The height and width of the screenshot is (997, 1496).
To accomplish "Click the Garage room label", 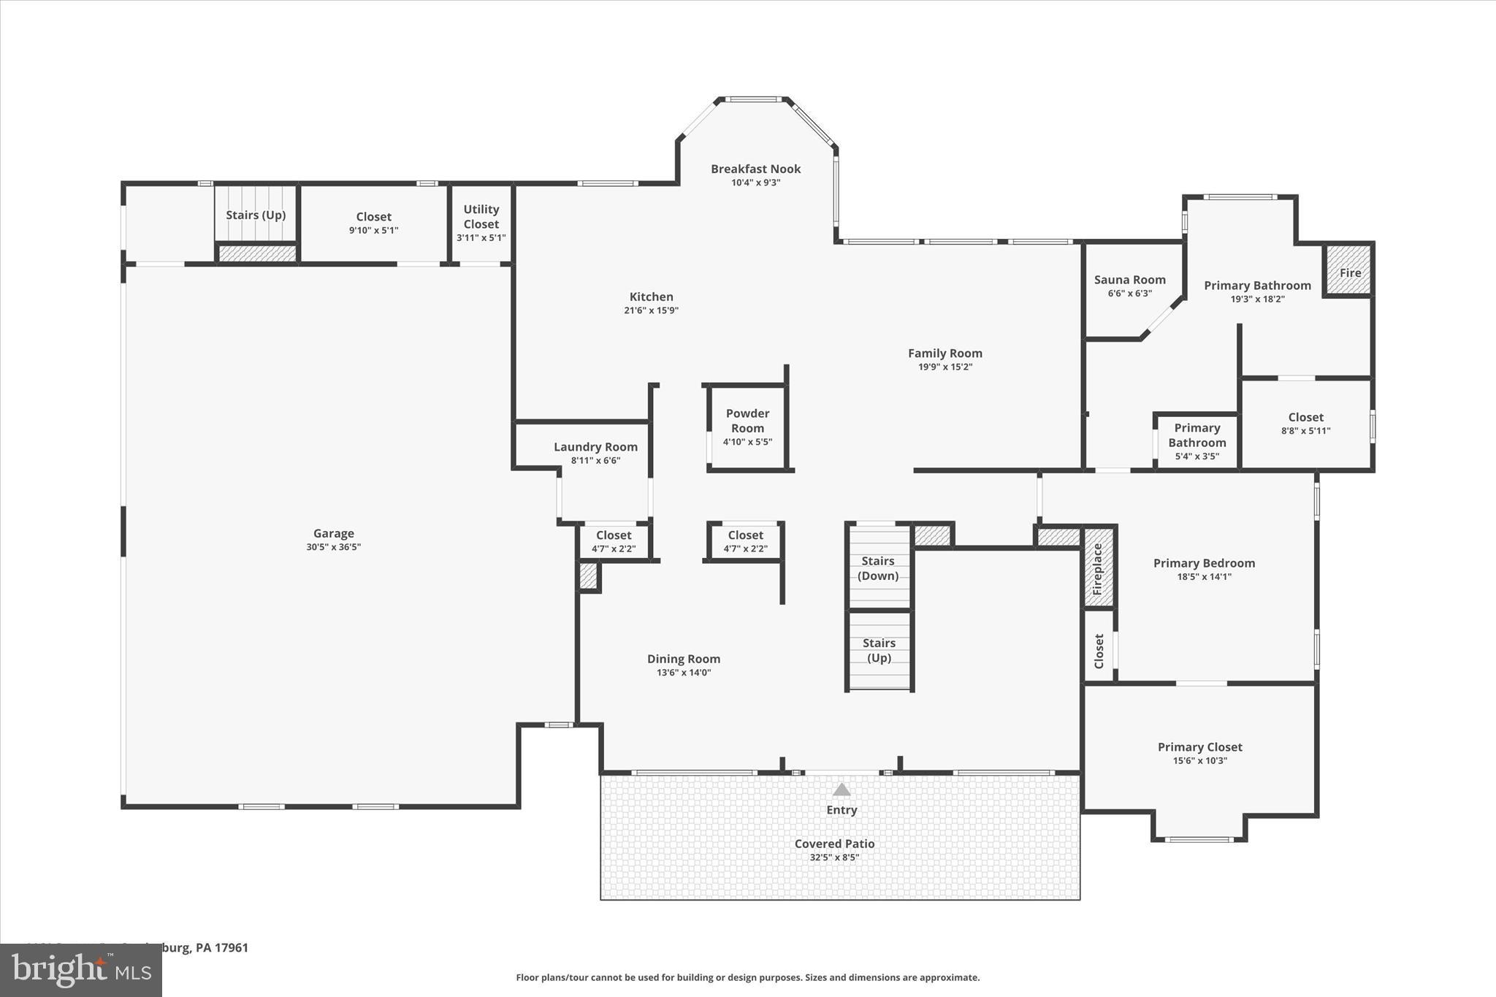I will click(334, 534).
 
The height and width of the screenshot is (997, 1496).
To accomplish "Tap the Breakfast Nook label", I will click(756, 169).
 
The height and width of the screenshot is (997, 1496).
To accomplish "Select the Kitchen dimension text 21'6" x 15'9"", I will click(651, 310).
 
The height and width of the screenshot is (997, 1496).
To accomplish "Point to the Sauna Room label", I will click(1129, 280).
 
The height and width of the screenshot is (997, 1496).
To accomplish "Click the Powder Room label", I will click(747, 421).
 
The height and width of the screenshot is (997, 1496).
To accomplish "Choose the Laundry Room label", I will click(595, 447).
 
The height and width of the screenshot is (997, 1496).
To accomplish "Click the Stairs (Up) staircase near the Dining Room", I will click(879, 650).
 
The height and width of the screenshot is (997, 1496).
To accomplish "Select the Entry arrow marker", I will click(841, 790).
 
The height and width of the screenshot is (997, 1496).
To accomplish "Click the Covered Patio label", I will click(834, 844).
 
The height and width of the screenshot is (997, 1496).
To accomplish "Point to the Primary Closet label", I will click(1199, 747).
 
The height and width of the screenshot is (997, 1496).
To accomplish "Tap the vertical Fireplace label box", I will click(1098, 568).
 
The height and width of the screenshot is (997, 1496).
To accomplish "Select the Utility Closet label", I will click(481, 217).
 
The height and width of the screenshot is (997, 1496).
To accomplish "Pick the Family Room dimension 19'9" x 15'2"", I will click(945, 367).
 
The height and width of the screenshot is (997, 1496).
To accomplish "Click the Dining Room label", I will click(683, 659).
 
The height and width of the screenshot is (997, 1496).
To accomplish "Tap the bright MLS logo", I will click(81, 970).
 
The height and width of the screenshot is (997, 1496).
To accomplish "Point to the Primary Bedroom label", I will click(1204, 563).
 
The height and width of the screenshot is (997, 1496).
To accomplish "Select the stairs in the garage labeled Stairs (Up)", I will click(256, 215).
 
